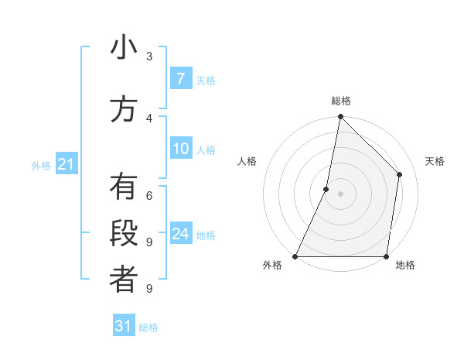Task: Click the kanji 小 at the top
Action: coord(124,49)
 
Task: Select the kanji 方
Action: coord(124,109)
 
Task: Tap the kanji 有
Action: coord(124,187)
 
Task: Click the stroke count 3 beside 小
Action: coord(148,56)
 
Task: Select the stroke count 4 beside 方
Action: coord(148,118)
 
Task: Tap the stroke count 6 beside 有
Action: coord(148,195)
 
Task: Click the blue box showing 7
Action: coord(180,78)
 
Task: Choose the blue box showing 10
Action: coord(180,149)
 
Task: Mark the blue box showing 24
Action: coord(180,234)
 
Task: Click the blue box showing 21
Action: coord(66,164)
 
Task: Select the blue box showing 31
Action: coord(124,326)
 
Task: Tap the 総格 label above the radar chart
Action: coord(340,101)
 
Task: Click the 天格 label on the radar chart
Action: coord(435,161)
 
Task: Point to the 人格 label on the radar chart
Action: coord(247,161)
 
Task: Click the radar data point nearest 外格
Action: coord(295,256)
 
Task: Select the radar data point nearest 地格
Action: coord(386,256)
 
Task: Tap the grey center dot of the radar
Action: coord(340,194)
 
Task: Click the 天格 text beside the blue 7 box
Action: coord(206,80)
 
